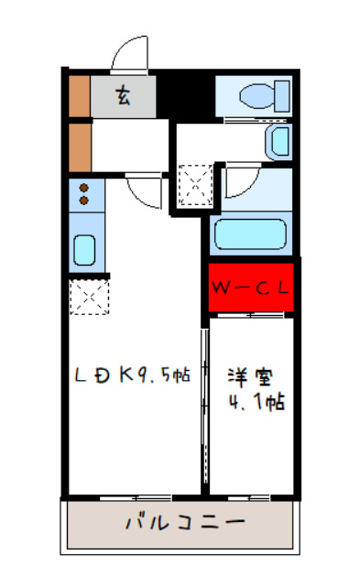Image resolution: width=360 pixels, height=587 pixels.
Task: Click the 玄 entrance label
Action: pyautogui.click(x=123, y=93)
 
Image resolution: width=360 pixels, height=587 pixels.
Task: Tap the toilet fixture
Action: pyautogui.click(x=256, y=94)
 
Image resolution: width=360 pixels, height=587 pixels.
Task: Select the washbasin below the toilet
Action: pyautogui.click(x=278, y=141)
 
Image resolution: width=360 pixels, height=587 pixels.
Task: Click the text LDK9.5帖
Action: pyautogui.click(x=132, y=375)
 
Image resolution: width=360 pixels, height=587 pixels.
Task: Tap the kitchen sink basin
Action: pyautogui.click(x=84, y=248)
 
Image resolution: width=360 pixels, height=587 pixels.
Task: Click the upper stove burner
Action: pyautogui.click(x=83, y=188)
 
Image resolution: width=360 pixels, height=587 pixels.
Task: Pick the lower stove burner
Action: pyautogui.click(x=83, y=200)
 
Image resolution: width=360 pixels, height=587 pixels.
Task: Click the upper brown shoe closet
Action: pyautogui.click(x=79, y=94)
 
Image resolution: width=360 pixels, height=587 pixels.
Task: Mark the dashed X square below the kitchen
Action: pyautogui.click(x=89, y=298)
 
